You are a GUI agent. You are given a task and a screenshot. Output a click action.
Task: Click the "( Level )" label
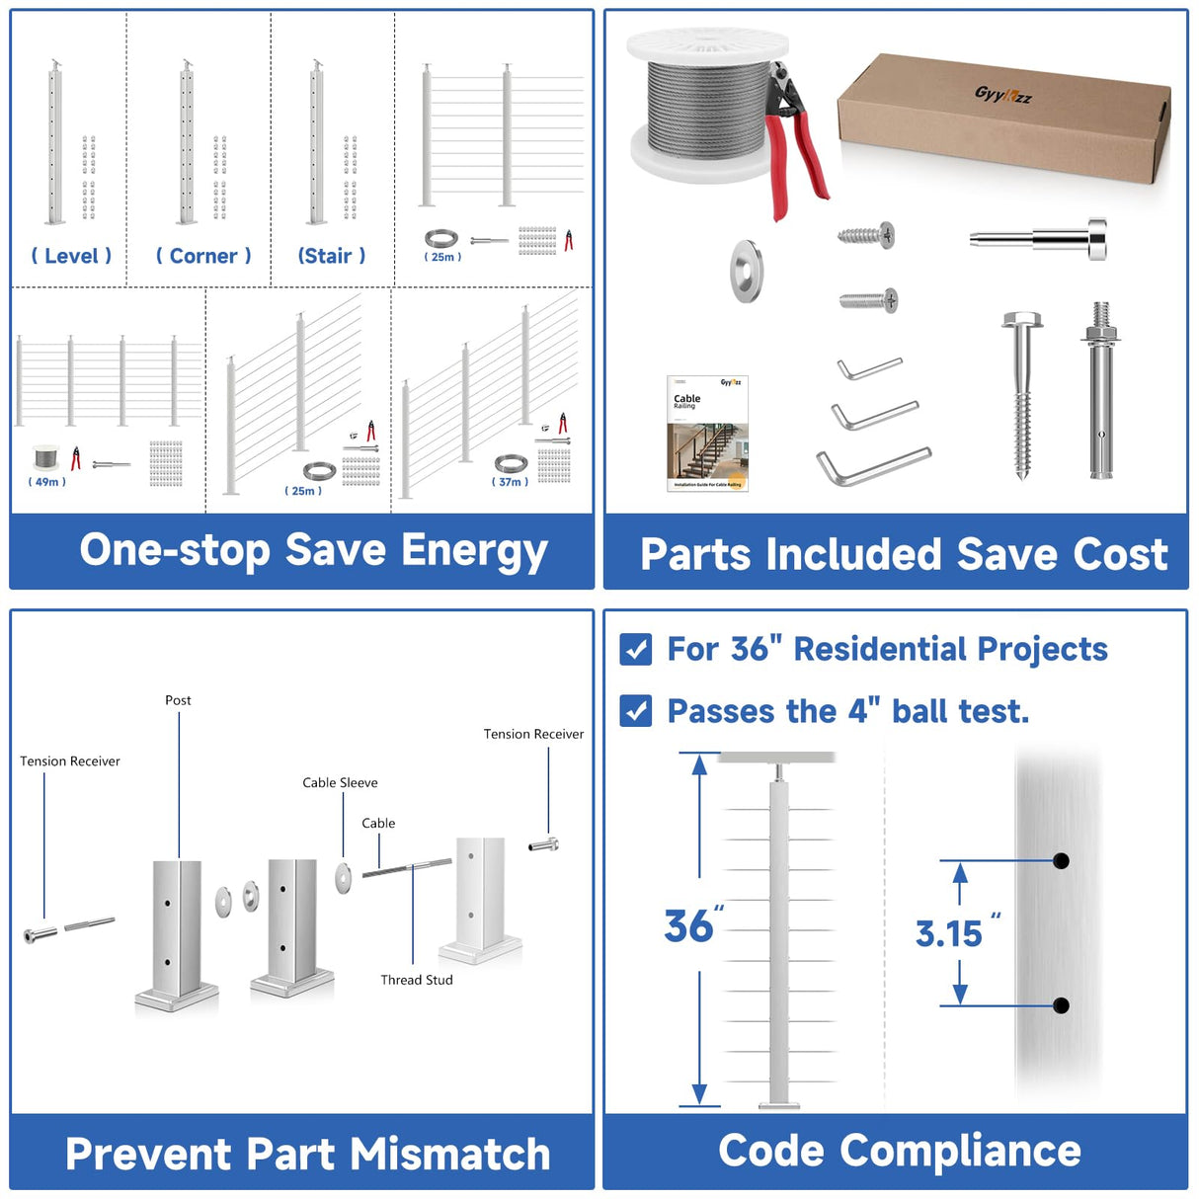click(71, 256)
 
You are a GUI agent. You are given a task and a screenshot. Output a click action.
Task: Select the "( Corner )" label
click(203, 256)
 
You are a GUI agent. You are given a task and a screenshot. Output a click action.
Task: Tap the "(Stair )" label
click(332, 256)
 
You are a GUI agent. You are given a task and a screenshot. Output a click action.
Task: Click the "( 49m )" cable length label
click(47, 482)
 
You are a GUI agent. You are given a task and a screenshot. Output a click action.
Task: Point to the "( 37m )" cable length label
click(510, 482)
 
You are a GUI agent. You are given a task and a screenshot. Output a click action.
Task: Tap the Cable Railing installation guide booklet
click(707, 433)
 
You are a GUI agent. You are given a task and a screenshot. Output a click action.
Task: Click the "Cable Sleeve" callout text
click(340, 782)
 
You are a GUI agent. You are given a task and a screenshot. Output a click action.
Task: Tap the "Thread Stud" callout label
click(417, 980)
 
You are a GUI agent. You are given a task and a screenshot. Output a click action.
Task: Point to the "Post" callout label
click(178, 700)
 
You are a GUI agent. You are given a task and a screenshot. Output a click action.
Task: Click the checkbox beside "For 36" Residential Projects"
click(636, 649)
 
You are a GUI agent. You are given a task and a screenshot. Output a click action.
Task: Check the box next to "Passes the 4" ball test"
click(636, 711)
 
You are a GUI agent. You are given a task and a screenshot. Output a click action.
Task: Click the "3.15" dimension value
click(949, 933)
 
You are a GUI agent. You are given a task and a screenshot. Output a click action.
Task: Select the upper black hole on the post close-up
click(1061, 860)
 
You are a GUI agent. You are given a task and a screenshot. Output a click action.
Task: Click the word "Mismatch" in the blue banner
click(450, 1154)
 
